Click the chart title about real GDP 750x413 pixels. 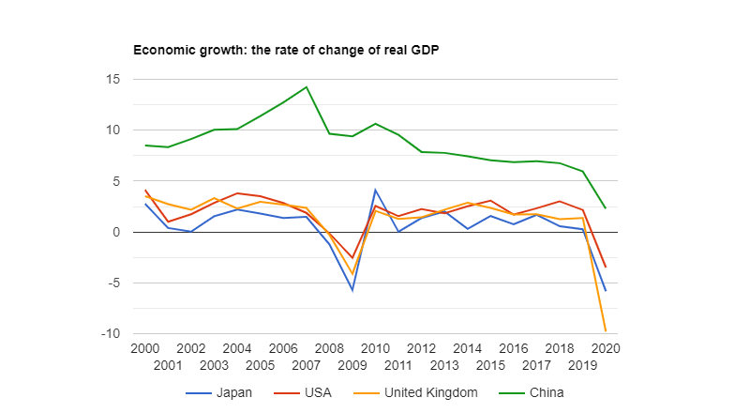coord(286,49)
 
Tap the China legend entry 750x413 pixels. coord(547,392)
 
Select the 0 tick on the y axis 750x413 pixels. coord(115,232)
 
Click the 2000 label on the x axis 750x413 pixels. coord(145,348)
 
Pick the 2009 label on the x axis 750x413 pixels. coord(352,364)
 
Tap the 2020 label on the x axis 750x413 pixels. coord(605,348)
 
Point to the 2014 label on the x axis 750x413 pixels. coord(467,348)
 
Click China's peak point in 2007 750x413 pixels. coord(307,87)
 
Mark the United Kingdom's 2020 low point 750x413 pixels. coord(605,330)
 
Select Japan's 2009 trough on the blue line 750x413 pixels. coord(352,290)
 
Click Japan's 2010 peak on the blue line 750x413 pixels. coord(375,190)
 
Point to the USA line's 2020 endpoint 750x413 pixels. coord(605,267)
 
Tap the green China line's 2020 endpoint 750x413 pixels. coord(605,207)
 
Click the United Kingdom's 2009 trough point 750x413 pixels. coord(352,274)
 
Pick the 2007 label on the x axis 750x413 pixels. coord(306,364)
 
